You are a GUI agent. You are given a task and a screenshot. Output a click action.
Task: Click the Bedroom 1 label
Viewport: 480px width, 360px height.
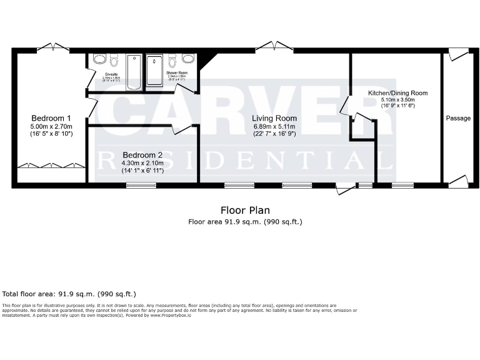pyautogui.click(x=51, y=118)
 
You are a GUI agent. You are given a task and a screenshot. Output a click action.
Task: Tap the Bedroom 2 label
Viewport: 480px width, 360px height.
pyautogui.click(x=142, y=155)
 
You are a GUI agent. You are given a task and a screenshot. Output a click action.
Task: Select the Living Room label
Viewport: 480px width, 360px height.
pyautogui.click(x=274, y=118)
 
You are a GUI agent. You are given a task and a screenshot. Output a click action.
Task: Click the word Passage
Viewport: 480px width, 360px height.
pyautogui.click(x=458, y=118)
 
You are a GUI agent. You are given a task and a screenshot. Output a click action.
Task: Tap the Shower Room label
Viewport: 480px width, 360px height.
pyautogui.click(x=177, y=73)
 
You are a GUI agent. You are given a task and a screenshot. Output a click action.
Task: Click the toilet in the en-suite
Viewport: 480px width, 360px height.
pyautogui.click(x=114, y=61)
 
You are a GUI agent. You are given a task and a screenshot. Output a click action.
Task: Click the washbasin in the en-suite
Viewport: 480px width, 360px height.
pyautogui.click(x=99, y=60)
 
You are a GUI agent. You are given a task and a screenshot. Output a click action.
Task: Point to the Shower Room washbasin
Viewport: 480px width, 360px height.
pyautogui.click(x=188, y=60)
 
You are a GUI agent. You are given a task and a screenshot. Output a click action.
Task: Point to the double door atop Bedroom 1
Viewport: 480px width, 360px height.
pyautogui.click(x=51, y=48)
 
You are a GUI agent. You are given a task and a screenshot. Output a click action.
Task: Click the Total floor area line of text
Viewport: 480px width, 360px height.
pyautogui.click(x=69, y=294)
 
